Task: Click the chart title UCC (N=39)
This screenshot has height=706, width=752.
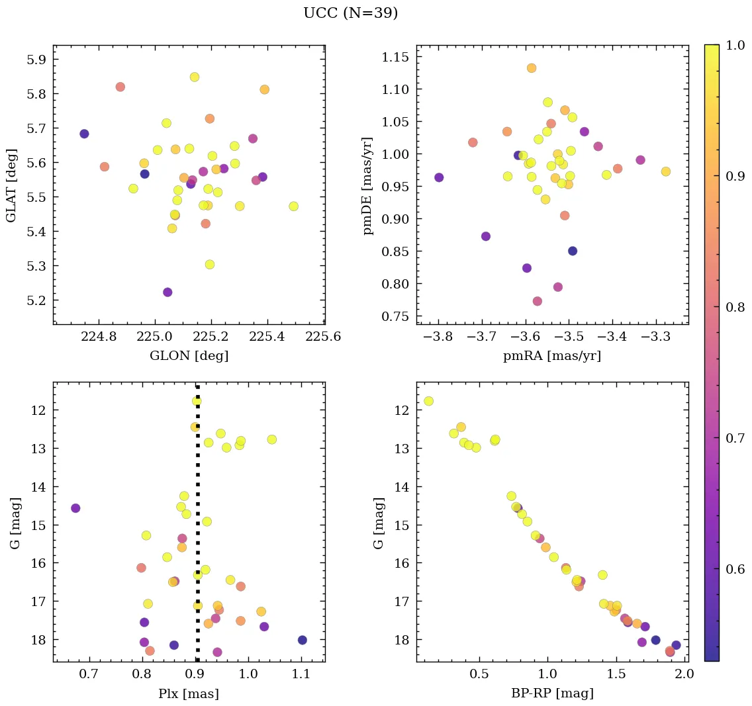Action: click(x=350, y=13)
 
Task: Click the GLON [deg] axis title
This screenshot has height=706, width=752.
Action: click(x=189, y=356)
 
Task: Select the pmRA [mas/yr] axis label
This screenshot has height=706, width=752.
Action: click(x=552, y=356)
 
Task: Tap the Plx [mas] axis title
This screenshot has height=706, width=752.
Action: click(x=189, y=693)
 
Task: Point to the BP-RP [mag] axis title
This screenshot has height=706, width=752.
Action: click(x=552, y=693)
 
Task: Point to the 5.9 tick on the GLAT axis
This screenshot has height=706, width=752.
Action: click(x=37, y=60)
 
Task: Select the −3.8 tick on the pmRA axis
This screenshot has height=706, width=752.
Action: click(x=438, y=337)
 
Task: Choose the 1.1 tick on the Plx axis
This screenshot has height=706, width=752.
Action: click(x=302, y=674)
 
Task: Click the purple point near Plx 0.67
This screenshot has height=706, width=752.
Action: click(x=75, y=508)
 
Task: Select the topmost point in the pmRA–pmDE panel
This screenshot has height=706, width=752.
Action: click(x=532, y=68)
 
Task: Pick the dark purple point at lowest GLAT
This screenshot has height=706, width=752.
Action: click(x=167, y=292)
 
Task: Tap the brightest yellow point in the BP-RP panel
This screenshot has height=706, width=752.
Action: click(x=428, y=401)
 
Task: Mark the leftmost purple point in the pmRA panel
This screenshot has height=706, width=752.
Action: click(x=439, y=177)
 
